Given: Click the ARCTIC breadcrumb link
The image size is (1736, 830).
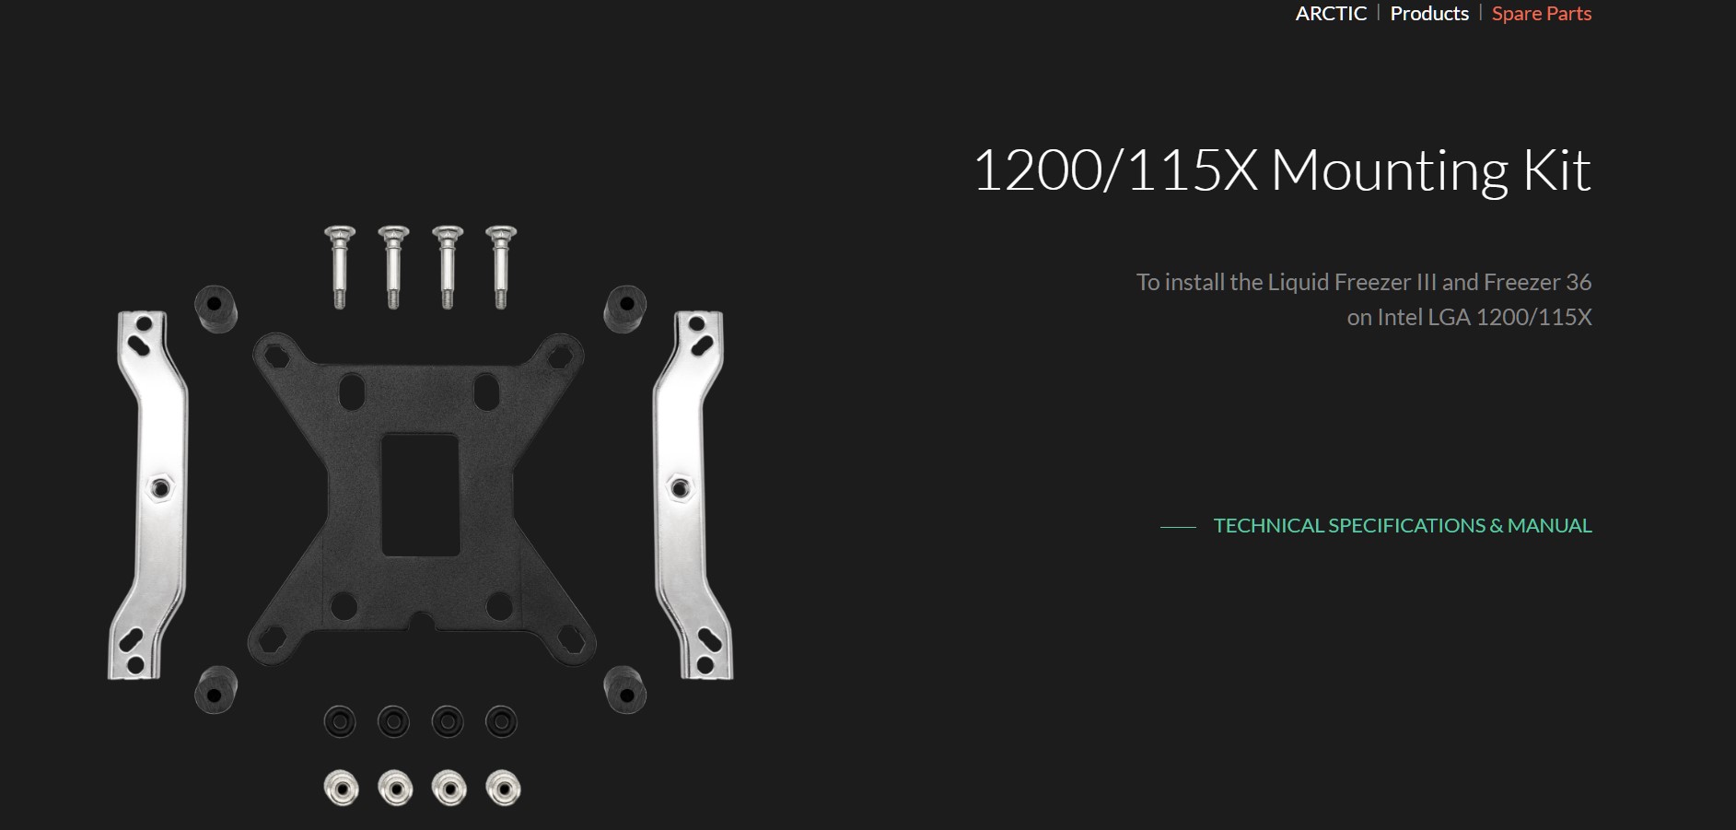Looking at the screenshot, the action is (1331, 13).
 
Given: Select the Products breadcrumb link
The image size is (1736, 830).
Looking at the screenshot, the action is (1429, 13).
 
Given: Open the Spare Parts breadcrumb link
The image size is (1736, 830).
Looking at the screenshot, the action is (1542, 13).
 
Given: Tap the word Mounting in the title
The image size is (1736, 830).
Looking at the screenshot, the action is (1390, 172).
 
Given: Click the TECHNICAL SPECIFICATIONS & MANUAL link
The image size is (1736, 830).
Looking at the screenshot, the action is (1403, 525).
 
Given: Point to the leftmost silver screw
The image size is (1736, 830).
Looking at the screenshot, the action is (340, 266).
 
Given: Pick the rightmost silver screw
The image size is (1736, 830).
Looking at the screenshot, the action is (501, 266).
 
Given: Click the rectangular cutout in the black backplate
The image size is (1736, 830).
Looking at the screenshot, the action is (420, 495).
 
